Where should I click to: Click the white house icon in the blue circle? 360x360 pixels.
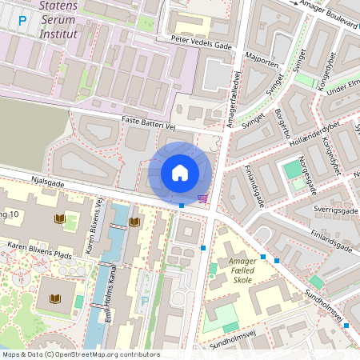[180, 173]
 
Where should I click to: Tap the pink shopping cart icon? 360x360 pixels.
[203, 198]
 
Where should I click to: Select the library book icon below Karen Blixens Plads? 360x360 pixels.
[54, 299]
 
